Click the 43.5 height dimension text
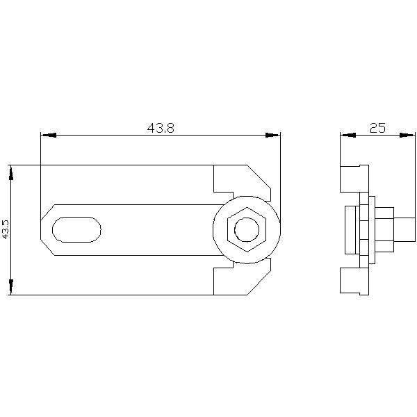(6, 229)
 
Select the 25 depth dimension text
(377, 128)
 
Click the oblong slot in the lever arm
(76, 229)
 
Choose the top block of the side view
(353, 179)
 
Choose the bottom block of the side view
(353, 281)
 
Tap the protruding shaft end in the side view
(405, 229)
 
